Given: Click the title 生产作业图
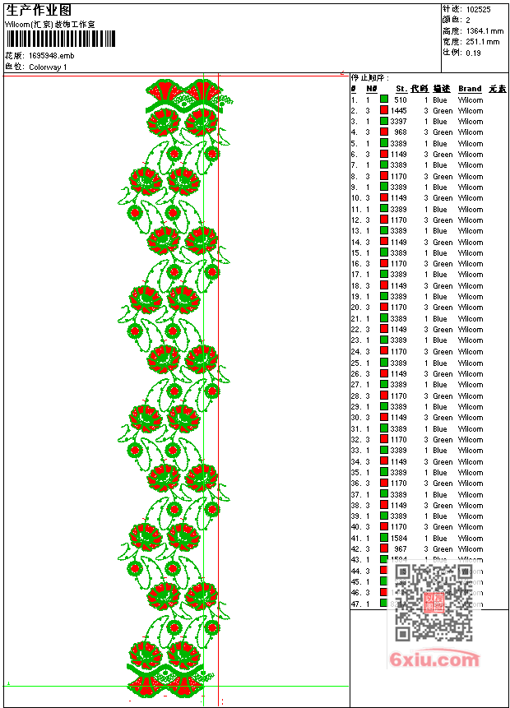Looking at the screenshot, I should click(x=39, y=10).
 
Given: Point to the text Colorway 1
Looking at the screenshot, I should click(x=49, y=67).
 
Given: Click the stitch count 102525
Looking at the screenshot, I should click(x=478, y=9).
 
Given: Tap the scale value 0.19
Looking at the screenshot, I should click(x=473, y=52).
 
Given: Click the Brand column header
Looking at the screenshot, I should click(x=470, y=89).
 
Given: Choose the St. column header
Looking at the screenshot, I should click(x=401, y=89).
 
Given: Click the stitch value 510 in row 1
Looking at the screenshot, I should click(x=401, y=99).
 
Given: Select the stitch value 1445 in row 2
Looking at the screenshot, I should click(x=399, y=110).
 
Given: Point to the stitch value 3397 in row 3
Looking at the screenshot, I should click(x=399, y=121).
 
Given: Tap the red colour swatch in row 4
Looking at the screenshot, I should click(x=384, y=132).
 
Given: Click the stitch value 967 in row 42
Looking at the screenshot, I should click(x=400, y=548).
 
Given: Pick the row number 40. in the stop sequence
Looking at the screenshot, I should click(x=356, y=526).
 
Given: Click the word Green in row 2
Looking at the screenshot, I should click(x=443, y=110).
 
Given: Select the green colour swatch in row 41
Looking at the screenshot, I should click(x=384, y=538).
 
